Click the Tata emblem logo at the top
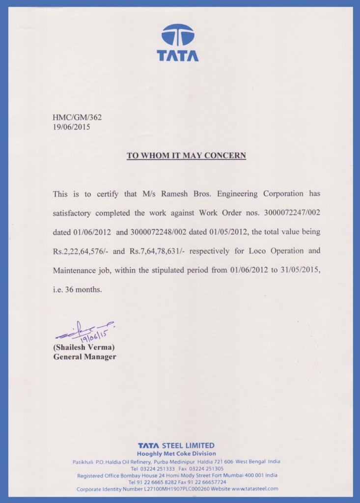point(178,36)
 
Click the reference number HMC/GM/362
point(77,117)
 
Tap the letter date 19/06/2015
point(71,127)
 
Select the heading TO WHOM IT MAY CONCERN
point(186,156)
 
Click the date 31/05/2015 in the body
point(299,270)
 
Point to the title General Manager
point(84,357)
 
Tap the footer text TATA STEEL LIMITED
point(176,446)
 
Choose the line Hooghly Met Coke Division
point(176,453)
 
